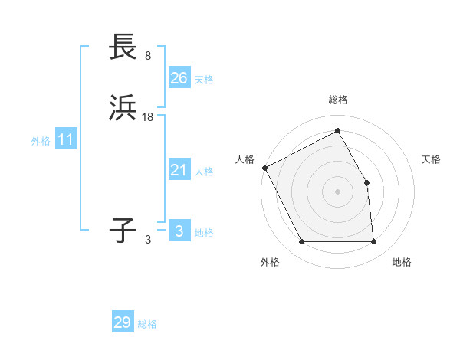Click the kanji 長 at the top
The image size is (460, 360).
(x=124, y=47)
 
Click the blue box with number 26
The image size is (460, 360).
(x=179, y=78)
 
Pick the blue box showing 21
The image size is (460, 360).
(x=179, y=170)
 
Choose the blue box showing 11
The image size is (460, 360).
(x=66, y=140)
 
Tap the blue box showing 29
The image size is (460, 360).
(x=123, y=322)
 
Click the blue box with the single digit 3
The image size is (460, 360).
(x=179, y=231)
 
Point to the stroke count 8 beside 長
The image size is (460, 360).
(x=148, y=56)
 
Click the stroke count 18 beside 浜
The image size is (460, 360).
(x=148, y=117)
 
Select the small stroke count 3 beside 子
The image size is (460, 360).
(x=148, y=239)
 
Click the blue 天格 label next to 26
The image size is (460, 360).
(x=204, y=80)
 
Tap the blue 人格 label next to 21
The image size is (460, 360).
(x=204, y=172)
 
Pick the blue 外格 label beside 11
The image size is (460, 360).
(x=41, y=141)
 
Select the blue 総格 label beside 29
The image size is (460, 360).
(x=147, y=324)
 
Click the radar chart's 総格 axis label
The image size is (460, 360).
(x=338, y=100)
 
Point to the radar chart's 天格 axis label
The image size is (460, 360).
(x=432, y=159)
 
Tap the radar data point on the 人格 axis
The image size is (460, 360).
(x=264, y=168)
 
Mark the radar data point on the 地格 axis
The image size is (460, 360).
(x=374, y=242)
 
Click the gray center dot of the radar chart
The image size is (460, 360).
(x=338, y=191)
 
